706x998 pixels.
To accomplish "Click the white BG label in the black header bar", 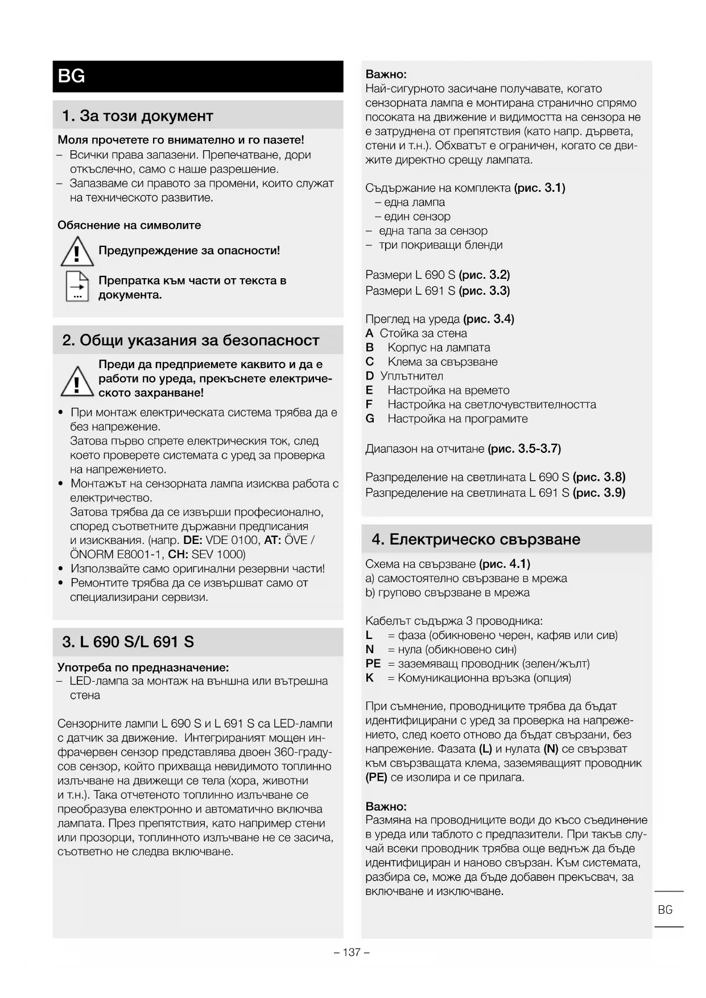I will pyautogui.click(x=71, y=76).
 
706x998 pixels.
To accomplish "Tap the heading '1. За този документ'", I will pyautogui.click(x=137, y=116).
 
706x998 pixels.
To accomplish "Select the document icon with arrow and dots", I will pyautogui.click(x=77, y=287).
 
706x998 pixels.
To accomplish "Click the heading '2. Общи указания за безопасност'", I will pyautogui.click(x=191, y=340).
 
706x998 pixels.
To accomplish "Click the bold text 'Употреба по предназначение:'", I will pyautogui.click(x=143, y=667).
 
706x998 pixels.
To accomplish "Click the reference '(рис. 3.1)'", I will pyautogui.click(x=539, y=188).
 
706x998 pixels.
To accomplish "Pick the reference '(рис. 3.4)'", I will pyautogui.click(x=489, y=319).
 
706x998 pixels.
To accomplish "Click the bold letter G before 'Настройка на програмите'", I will pyautogui.click(x=370, y=419).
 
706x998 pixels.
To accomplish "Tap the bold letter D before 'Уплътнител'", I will pyautogui.click(x=370, y=376).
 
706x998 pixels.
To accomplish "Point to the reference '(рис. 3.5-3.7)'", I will pyautogui.click(x=524, y=449).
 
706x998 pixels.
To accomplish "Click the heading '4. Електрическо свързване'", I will pyautogui.click(x=476, y=539).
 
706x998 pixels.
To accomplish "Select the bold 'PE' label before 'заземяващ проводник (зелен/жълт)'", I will pyautogui.click(x=373, y=663).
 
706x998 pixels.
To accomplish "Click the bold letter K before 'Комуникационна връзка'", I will pyautogui.click(x=370, y=678).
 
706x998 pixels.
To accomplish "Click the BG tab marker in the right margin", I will pyautogui.click(x=665, y=910).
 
